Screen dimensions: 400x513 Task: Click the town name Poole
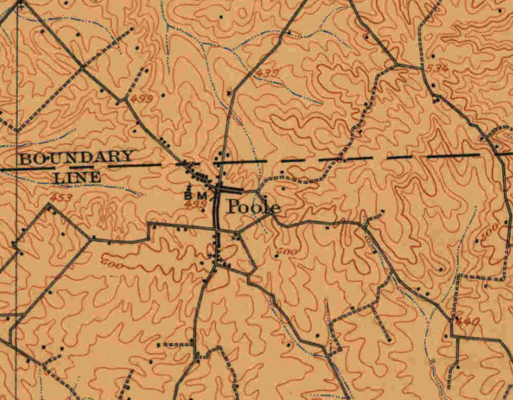coord(252,207)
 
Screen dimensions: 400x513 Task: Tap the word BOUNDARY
coord(76,158)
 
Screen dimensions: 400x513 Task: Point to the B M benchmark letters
coord(196,195)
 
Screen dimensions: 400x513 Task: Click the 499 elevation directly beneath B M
coord(193,205)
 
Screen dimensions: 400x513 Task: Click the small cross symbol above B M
coord(191,185)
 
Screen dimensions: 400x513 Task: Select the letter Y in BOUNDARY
coord(128,157)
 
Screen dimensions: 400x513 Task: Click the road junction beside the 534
coord(422,68)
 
